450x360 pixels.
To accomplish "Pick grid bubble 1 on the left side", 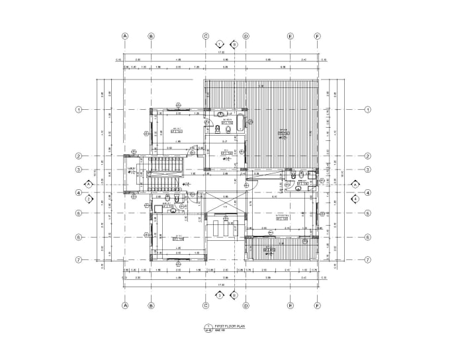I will (x=78, y=109).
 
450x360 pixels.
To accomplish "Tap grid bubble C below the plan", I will (x=206, y=305).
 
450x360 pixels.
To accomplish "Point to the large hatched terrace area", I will (x=281, y=126).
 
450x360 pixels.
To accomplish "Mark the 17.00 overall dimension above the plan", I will (x=222, y=52).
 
